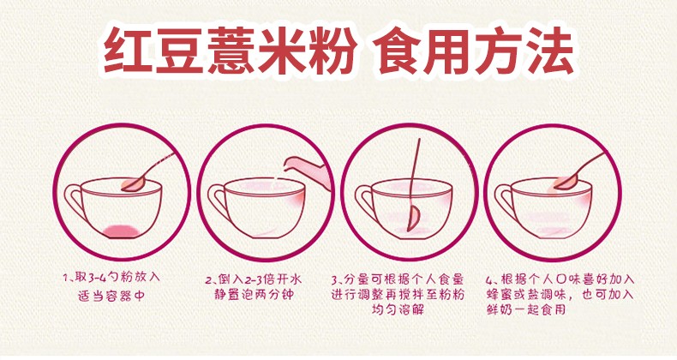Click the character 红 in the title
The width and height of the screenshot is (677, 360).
click(x=128, y=51)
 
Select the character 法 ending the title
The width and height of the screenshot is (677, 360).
click(x=548, y=51)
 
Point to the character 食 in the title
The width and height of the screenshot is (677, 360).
click(x=395, y=51)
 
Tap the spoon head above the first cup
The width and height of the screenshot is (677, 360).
click(x=134, y=184)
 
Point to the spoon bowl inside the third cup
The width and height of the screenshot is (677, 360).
click(x=413, y=219)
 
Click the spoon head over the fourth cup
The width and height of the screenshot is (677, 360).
click(x=566, y=183)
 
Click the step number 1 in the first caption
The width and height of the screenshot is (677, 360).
click(x=66, y=277)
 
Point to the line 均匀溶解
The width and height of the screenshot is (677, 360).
click(x=398, y=309)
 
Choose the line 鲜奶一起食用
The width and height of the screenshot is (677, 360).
click(x=526, y=309)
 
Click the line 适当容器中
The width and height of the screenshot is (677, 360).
click(x=111, y=296)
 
